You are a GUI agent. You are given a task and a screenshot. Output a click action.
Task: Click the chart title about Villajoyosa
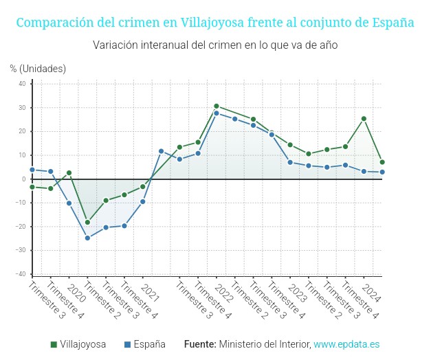point(214,23)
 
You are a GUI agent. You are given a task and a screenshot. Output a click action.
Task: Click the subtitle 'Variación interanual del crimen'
point(215,45)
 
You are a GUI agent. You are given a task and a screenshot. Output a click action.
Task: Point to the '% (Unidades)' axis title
point(38,68)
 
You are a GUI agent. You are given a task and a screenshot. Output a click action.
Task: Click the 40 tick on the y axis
point(22,84)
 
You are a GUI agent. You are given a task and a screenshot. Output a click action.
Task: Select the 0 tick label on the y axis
point(24,179)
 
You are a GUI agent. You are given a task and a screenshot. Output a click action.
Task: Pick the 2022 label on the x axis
point(221,290)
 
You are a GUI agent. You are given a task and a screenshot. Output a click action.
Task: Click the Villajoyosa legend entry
point(78,344)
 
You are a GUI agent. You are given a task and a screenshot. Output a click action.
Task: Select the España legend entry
point(144,344)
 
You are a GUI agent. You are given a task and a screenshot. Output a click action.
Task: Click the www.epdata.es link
point(346,344)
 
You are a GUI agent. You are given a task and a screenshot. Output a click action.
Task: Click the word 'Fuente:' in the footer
point(200,344)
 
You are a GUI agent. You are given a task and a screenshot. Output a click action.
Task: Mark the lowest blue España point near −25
point(87,238)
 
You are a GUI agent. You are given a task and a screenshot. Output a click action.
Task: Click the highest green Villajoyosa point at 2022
point(216,106)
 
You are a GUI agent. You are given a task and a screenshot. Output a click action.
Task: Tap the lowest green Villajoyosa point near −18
point(87,222)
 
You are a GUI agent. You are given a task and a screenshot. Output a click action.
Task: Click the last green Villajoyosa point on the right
point(382,162)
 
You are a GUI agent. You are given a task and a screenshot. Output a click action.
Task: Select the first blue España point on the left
point(32,170)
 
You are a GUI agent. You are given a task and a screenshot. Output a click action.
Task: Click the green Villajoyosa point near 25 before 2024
point(364,119)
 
